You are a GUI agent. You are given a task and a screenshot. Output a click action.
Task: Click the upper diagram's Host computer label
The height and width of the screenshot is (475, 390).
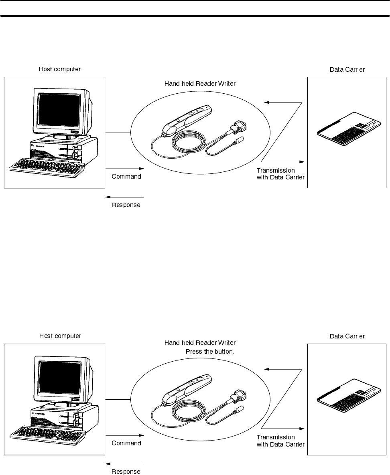pyautogui.click(x=59, y=69)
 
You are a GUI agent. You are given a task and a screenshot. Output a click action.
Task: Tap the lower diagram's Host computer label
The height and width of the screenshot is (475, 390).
pyautogui.click(x=59, y=336)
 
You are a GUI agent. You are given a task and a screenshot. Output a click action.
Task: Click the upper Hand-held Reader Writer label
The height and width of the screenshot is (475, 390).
pyautogui.click(x=200, y=84)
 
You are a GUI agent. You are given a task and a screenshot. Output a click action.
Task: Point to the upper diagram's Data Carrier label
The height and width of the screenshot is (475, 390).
pyautogui.click(x=347, y=69)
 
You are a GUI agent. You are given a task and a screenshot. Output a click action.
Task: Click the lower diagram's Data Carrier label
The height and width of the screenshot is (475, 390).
pyautogui.click(x=347, y=336)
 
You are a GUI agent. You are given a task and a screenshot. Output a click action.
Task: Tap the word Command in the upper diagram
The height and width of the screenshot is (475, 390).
pyautogui.click(x=126, y=177)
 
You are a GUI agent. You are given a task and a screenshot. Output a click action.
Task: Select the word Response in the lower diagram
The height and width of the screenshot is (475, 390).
pyautogui.click(x=126, y=472)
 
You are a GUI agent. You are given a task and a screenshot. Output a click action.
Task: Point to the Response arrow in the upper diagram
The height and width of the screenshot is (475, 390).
pyautogui.click(x=125, y=197)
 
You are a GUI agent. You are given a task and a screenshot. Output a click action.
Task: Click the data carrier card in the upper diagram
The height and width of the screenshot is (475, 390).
pyautogui.click(x=347, y=132)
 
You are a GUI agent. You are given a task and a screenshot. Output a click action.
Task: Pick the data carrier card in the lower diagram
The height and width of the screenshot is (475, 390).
pyautogui.click(x=347, y=398)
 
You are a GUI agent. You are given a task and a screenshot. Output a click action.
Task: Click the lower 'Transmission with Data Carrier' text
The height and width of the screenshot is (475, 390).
pyautogui.click(x=280, y=441)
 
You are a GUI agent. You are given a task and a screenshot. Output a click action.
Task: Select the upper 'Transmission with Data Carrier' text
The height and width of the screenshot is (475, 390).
pyautogui.click(x=280, y=174)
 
